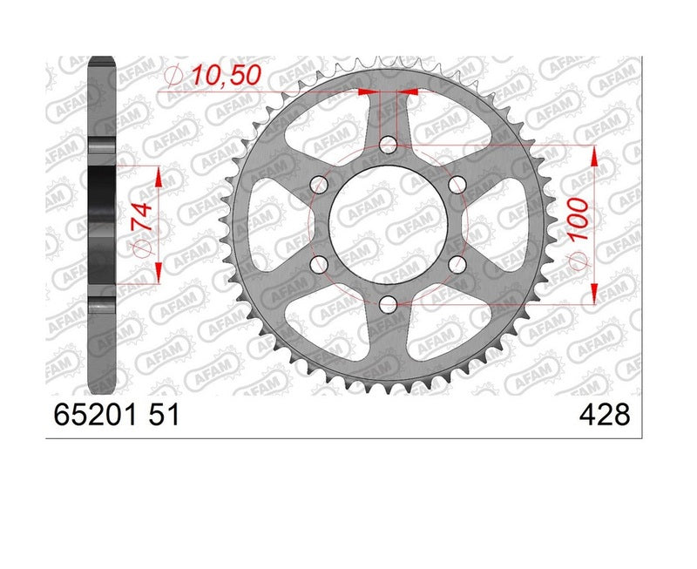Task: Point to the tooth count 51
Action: (165, 416)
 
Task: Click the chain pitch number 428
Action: (603, 416)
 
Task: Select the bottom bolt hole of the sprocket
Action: (388, 302)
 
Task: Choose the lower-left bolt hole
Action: (320, 263)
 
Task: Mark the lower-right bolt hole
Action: (456, 263)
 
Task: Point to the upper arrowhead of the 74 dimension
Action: (159, 175)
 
